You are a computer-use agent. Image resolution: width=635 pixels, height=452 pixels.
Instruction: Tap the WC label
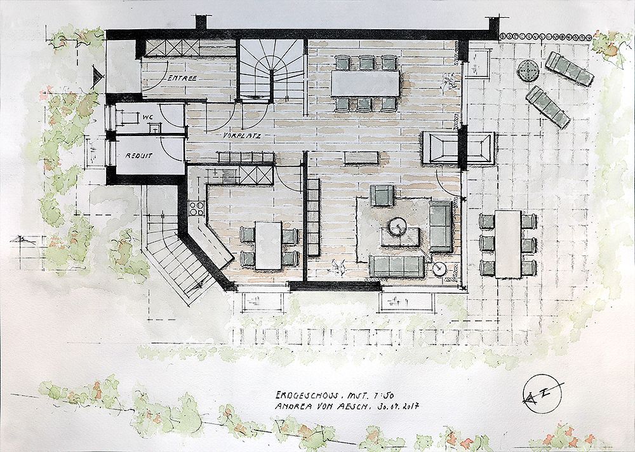pyautogui.click(x=148, y=117)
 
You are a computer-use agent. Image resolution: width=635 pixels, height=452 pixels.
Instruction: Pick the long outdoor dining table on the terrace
pyautogui.click(x=508, y=243)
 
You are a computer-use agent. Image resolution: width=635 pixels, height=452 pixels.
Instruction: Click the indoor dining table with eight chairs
pyautogui.click(x=365, y=83)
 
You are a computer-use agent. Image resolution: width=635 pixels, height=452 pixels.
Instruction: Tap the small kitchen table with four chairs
pyautogui.click(x=269, y=244)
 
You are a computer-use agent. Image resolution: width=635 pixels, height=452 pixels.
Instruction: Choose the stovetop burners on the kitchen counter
pyautogui.click(x=196, y=207)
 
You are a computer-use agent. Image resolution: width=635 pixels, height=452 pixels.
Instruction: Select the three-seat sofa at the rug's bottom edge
pyautogui.click(x=398, y=266)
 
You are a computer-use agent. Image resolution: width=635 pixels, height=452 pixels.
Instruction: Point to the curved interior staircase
pyautogui.click(x=272, y=70)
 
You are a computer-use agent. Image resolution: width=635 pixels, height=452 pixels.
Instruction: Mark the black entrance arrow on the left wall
pyautogui.click(x=97, y=77)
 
